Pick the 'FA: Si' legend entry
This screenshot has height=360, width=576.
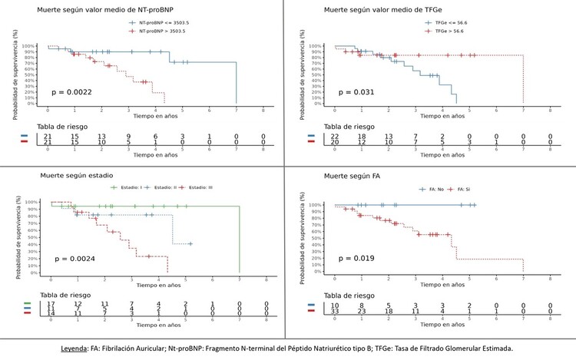[x=465, y=189]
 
